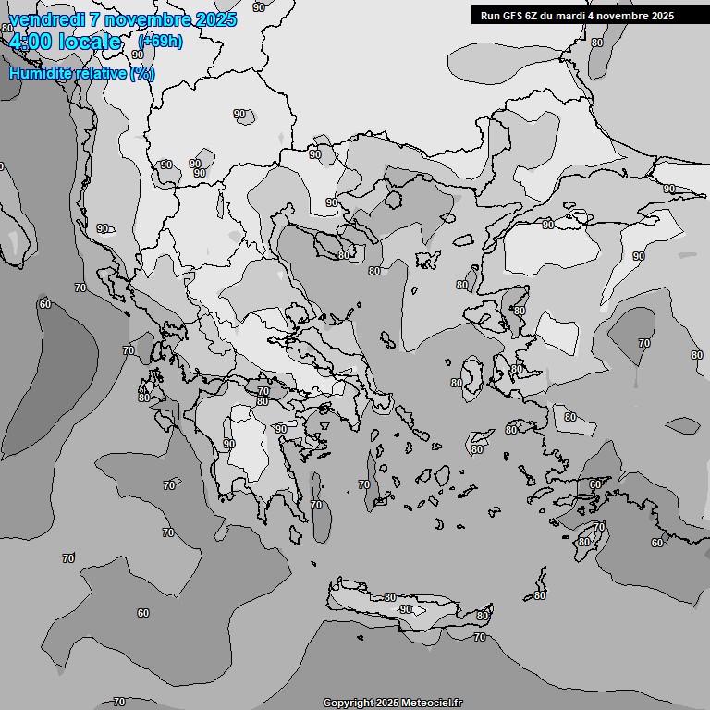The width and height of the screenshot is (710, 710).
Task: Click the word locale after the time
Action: pos(89,42)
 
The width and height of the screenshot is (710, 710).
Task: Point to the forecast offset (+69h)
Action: pos(160,41)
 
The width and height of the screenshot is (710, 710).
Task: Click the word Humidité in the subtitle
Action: pos(42,73)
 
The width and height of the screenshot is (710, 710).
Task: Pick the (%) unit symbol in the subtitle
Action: pos(141,73)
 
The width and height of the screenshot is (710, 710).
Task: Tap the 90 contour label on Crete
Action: pos(405,610)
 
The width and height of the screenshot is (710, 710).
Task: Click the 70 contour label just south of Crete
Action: pos(479,637)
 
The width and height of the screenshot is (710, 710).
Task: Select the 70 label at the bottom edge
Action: pos(118,702)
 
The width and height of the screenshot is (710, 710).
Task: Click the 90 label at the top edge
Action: pos(258,6)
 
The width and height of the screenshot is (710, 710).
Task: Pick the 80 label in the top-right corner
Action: pos(597,43)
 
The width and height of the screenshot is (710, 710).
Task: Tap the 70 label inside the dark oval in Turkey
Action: pos(643,343)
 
